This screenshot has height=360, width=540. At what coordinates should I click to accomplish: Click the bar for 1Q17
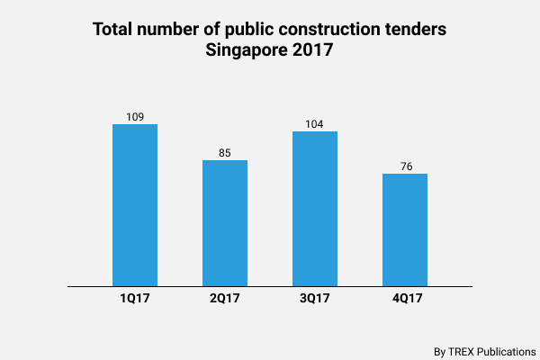pyautogui.click(x=135, y=205)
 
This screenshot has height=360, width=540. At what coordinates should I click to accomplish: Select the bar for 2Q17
pyautogui.click(x=225, y=223)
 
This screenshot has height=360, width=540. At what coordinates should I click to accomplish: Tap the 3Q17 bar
pyautogui.click(x=315, y=209)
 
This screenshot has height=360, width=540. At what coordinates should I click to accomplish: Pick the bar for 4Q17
pyautogui.click(x=405, y=229)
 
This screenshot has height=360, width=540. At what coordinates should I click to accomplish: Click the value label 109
pyautogui.click(x=135, y=117)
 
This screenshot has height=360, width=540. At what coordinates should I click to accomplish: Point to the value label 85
pyautogui.click(x=225, y=153)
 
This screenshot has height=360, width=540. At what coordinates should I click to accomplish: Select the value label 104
pyautogui.click(x=315, y=124)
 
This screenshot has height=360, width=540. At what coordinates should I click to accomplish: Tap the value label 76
pyautogui.click(x=405, y=166)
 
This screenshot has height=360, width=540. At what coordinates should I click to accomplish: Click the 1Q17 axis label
pyautogui.click(x=135, y=299)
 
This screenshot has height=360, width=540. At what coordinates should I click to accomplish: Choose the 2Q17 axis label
pyautogui.click(x=225, y=299)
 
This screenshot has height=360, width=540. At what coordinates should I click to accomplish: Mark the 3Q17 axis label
pyautogui.click(x=315, y=299)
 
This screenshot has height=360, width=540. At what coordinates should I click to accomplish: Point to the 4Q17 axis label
pyautogui.click(x=405, y=299)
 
